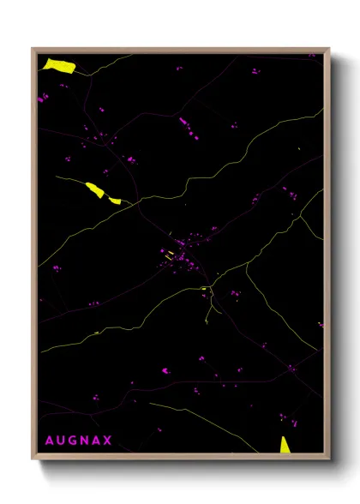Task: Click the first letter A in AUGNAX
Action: click(49, 441)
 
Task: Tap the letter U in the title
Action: click(61, 441)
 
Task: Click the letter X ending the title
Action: click(109, 441)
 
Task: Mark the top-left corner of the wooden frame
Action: click(33, 49)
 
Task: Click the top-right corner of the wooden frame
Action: click(329, 49)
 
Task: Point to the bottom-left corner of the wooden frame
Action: click(33, 458)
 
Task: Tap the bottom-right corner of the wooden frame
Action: click(329, 458)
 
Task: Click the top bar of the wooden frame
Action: click(180, 50)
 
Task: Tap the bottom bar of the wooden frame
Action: click(180, 456)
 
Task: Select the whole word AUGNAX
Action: click(79, 441)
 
